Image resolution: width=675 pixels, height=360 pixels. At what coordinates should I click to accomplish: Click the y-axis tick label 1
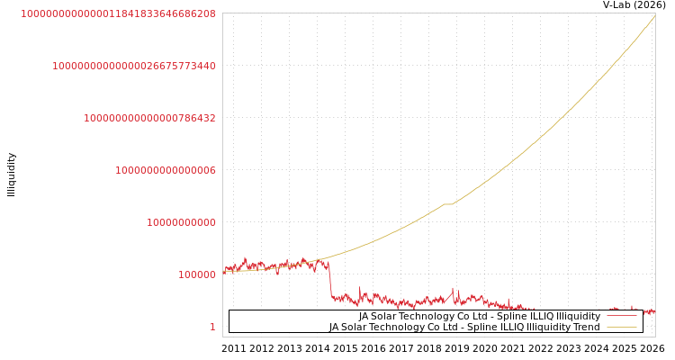pyautogui.click(x=212, y=327)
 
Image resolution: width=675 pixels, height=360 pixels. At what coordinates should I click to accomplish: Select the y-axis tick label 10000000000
pyautogui.click(x=181, y=222)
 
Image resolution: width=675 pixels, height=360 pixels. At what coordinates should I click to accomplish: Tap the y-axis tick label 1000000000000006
pyautogui.click(x=166, y=170)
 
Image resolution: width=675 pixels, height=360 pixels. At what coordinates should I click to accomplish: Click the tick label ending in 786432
pyautogui.click(x=149, y=118)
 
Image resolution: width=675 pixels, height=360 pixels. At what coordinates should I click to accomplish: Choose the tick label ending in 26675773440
pyautogui.click(x=134, y=66)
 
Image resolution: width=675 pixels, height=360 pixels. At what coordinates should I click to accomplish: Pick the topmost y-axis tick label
pyautogui.click(x=118, y=13)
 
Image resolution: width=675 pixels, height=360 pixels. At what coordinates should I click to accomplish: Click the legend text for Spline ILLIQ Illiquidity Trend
pyautogui.click(x=464, y=327)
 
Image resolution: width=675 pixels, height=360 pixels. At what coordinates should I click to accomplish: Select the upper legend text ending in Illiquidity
pyautogui.click(x=479, y=316)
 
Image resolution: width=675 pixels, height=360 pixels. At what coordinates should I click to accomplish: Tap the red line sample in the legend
pyautogui.click(x=621, y=316)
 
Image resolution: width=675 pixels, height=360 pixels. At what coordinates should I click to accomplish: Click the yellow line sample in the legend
pyautogui.click(x=621, y=327)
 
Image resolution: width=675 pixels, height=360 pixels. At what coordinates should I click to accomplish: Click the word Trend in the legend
pyautogui.click(x=587, y=327)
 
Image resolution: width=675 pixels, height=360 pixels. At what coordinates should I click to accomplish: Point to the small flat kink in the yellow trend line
pyautogui.click(x=447, y=204)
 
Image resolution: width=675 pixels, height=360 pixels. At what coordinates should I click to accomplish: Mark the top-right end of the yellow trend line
pyautogui.click(x=654, y=15)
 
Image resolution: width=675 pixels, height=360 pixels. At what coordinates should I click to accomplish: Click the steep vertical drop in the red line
pyautogui.click(x=329, y=279)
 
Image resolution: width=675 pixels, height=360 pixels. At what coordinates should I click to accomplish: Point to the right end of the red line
pyautogui.click(x=653, y=311)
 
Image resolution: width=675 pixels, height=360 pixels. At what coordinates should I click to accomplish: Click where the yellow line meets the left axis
pyautogui.click(x=223, y=271)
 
